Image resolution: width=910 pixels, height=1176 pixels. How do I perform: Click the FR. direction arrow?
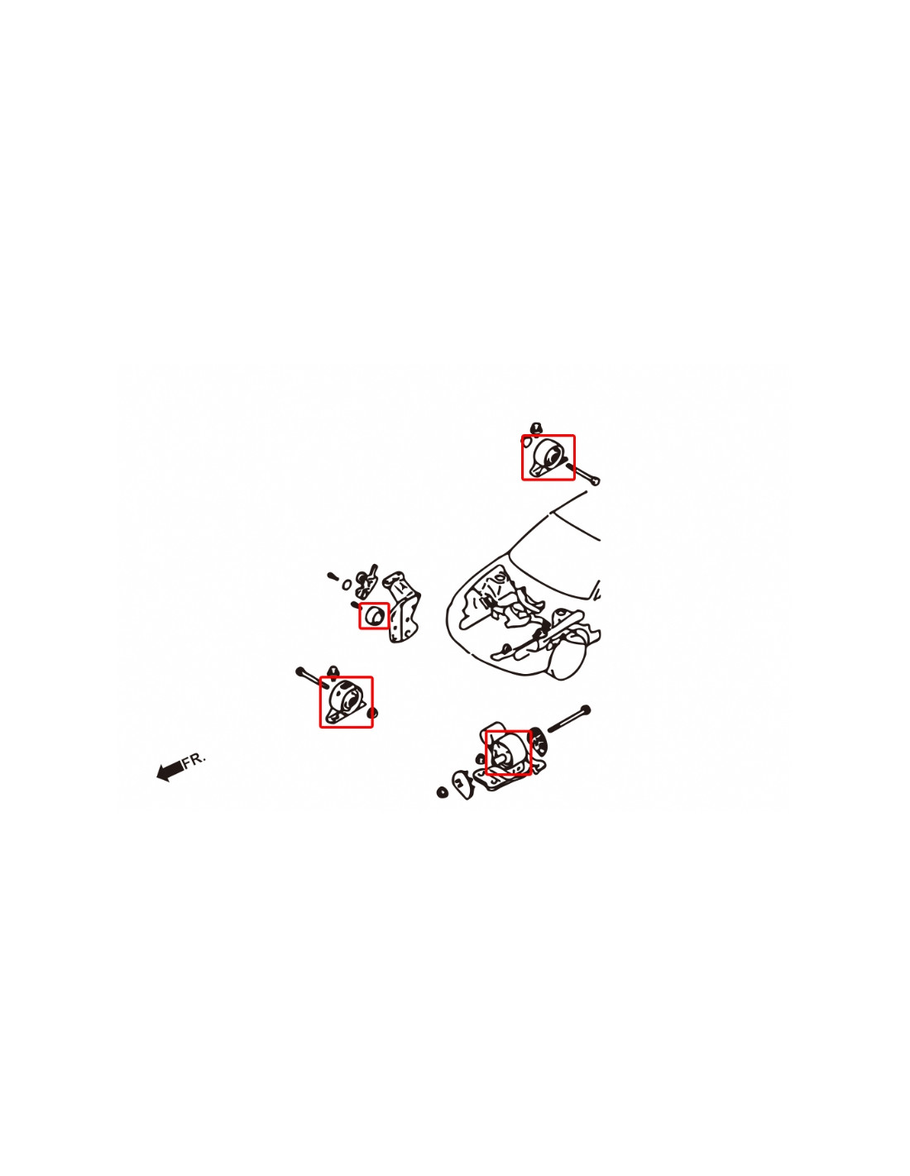click(170, 771)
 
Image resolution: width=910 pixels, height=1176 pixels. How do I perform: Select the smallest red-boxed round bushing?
click(374, 616)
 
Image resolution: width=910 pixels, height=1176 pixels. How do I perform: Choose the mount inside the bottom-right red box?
click(508, 753)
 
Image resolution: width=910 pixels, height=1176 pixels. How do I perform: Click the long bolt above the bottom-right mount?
click(569, 719)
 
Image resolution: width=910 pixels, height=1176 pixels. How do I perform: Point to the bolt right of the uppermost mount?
click(583, 473)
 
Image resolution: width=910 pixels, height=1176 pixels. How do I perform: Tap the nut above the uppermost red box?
click(536, 428)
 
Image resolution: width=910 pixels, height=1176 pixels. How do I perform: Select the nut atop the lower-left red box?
click(333, 671)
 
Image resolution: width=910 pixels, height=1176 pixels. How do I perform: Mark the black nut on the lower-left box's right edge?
click(372, 713)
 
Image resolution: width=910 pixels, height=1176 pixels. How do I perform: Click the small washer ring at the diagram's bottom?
click(443, 792)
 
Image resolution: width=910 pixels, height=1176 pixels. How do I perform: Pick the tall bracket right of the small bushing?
click(403, 605)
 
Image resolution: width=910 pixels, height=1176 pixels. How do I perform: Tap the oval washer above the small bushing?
click(347, 585)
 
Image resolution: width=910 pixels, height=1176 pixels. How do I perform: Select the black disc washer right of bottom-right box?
click(539, 740)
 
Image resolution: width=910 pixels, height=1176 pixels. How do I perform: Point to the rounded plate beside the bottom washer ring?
click(462, 783)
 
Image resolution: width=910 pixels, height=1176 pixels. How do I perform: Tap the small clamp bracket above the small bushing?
click(367, 581)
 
